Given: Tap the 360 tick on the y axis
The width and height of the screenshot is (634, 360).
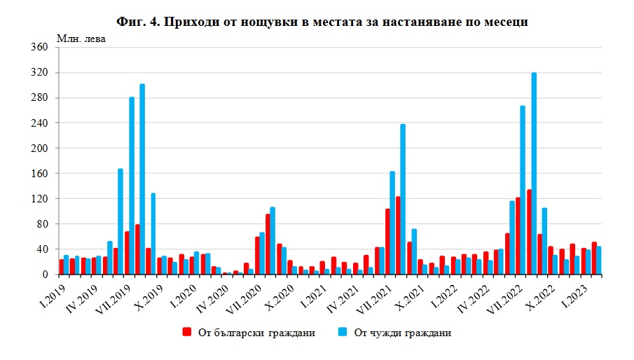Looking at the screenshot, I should click(39, 48).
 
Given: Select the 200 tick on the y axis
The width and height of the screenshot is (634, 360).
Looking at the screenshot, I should click(39, 148).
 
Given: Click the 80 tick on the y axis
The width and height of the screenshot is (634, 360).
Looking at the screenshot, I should click(41, 224).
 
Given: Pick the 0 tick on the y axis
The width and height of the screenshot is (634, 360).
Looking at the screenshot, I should click(44, 275).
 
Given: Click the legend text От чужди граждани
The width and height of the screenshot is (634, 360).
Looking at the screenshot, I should click(401, 333).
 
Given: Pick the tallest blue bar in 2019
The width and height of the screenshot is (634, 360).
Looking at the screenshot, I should click(142, 179).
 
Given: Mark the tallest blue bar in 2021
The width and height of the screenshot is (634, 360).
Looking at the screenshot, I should click(403, 200).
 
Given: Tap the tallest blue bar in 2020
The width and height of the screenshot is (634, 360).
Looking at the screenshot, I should click(273, 241).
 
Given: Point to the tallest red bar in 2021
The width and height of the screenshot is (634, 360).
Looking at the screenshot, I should click(398, 235).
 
